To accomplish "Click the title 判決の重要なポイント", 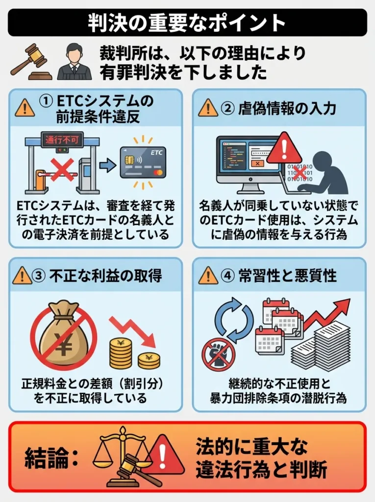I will click(x=187, y=23).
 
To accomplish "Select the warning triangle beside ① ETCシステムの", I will click(x=25, y=107).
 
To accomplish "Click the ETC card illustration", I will click(x=143, y=162).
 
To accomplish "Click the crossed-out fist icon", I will click(x=218, y=353).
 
